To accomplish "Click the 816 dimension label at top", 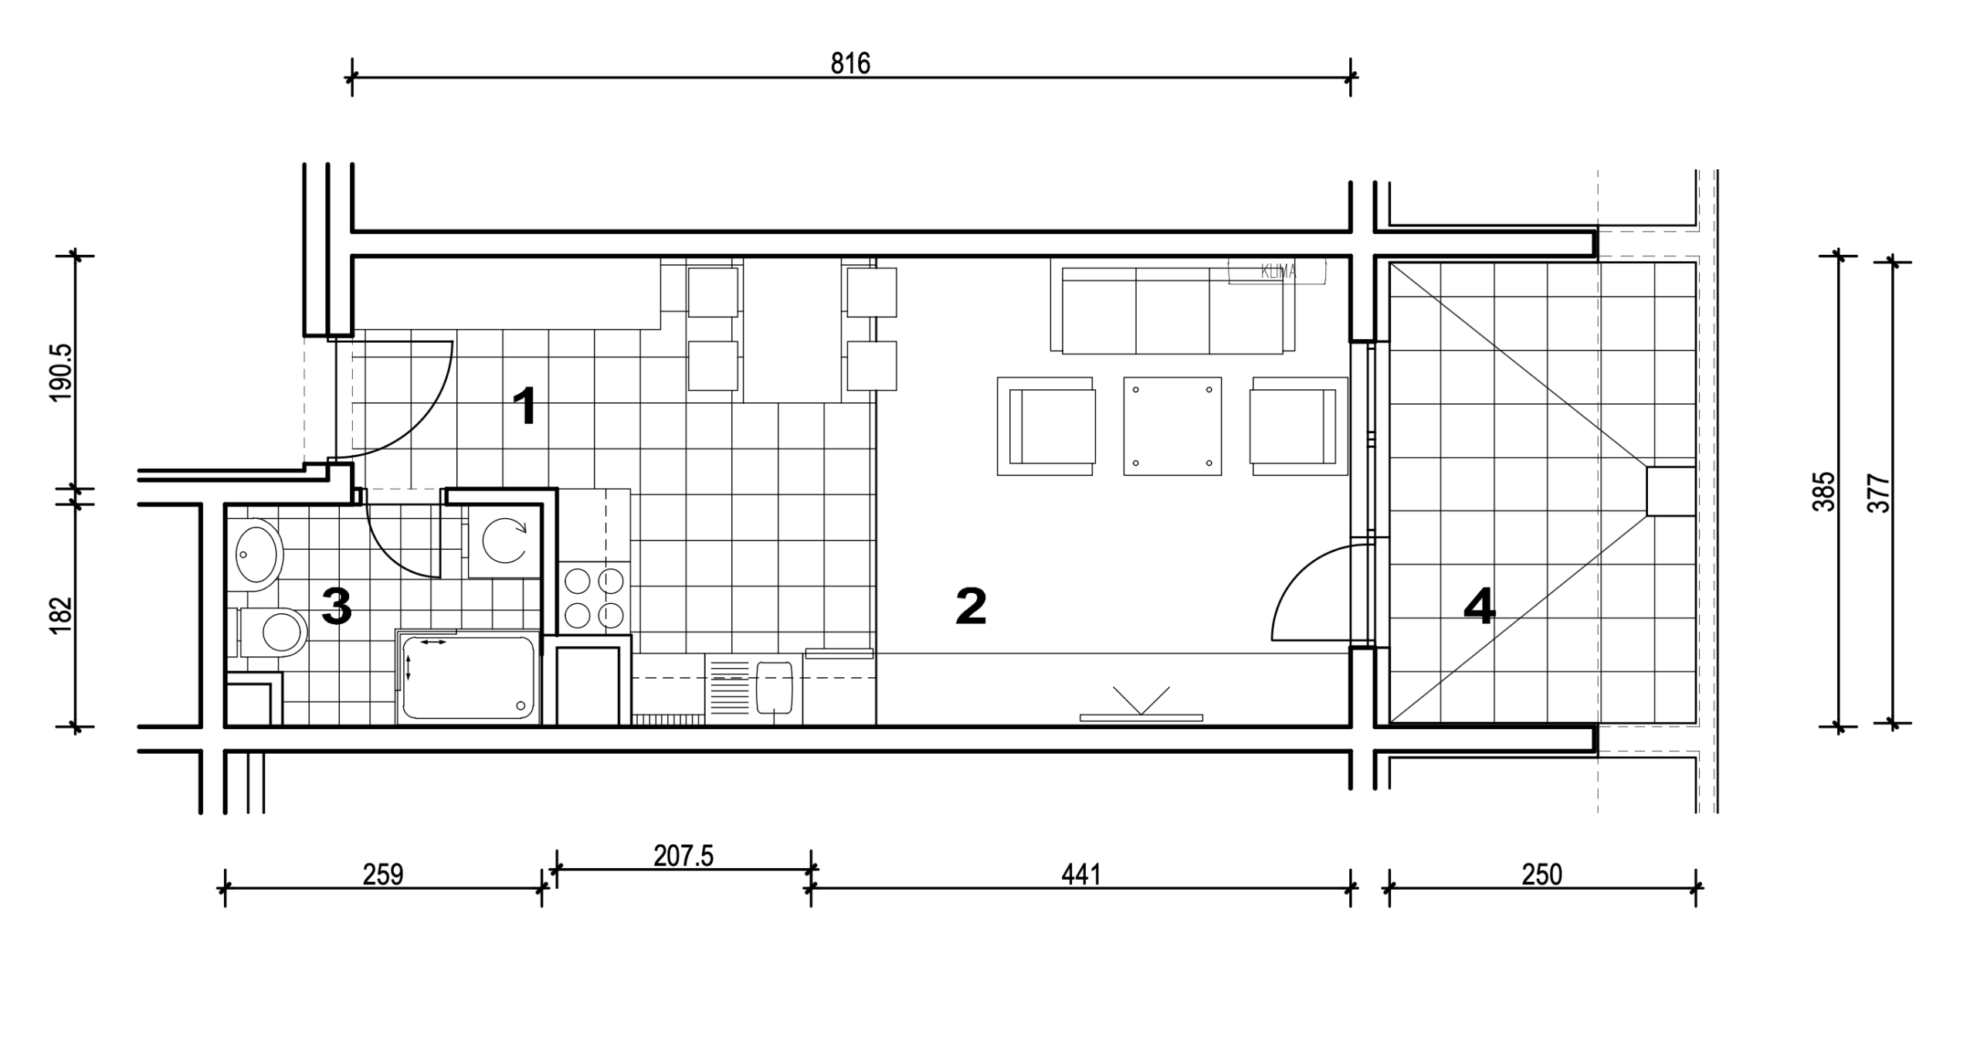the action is [x=850, y=63].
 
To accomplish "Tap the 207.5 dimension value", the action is [x=683, y=856].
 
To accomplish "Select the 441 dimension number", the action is [x=1080, y=874].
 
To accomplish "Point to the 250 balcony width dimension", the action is [x=1541, y=874].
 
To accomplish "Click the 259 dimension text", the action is [x=383, y=874].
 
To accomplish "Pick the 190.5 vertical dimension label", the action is [x=61, y=373].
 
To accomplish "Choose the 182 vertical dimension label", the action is [x=61, y=616].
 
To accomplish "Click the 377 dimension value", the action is [x=1878, y=493].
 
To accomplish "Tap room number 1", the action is [x=525, y=406].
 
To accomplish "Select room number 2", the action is [x=971, y=606].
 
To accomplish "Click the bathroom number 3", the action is [x=337, y=606].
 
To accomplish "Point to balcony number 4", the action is [x=1480, y=606].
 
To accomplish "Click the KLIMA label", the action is [x=1278, y=272].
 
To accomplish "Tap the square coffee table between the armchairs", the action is [x=1172, y=426].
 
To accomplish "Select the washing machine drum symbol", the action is [x=504, y=540].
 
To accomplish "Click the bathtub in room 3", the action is [x=468, y=677].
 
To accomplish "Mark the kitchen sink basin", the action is [x=775, y=687].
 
